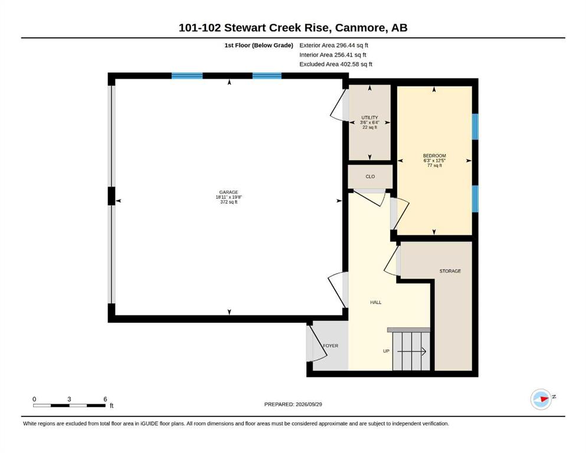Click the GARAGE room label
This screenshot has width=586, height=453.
(228, 192)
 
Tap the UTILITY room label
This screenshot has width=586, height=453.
(369, 117)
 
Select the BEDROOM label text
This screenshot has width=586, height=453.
(434, 156)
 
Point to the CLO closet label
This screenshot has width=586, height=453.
(370, 176)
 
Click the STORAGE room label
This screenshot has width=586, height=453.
(450, 271)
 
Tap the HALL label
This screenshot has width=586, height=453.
(375, 303)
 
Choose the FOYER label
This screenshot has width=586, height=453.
(330, 346)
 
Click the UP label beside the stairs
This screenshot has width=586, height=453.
(386, 351)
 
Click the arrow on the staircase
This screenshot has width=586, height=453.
(411, 352)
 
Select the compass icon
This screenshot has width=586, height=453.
(541, 399)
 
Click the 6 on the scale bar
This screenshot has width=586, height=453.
(106, 399)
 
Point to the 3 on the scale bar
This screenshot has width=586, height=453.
(69, 399)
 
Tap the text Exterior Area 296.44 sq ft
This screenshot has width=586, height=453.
(334, 45)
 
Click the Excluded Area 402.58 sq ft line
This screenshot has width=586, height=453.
(336, 64)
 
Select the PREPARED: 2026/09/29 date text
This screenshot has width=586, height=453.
(293, 405)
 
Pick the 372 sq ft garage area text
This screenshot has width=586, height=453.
(229, 202)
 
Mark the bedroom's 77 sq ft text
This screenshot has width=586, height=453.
(435, 165)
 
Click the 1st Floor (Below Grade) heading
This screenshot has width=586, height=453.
(258, 45)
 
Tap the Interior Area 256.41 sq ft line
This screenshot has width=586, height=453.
(333, 55)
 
